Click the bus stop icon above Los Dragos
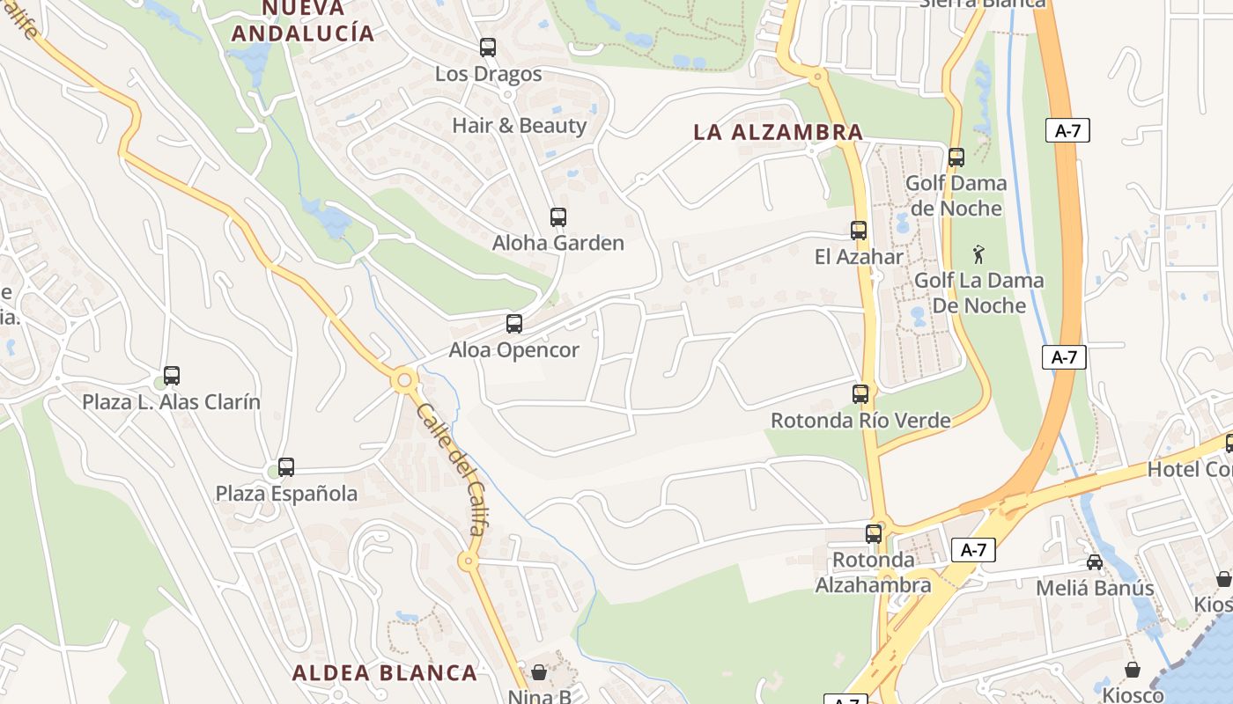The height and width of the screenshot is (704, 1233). (x=487, y=48)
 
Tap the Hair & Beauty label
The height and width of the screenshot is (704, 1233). (x=519, y=126)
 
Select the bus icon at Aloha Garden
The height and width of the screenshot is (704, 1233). (x=557, y=217)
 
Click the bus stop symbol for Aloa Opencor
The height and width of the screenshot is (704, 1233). (x=514, y=324)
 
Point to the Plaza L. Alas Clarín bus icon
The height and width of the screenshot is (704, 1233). (x=172, y=376)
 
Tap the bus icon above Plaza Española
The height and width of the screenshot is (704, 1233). (x=286, y=467)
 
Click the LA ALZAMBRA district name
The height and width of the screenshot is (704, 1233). (x=778, y=133)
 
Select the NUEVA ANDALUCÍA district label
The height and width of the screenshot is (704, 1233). (x=302, y=22)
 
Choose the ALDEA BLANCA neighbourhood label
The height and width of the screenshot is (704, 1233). (x=384, y=673)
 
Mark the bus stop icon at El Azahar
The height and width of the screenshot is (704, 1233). (x=859, y=231)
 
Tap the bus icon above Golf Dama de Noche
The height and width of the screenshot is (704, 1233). (x=956, y=158)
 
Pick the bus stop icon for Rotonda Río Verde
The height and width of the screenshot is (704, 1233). (x=860, y=394)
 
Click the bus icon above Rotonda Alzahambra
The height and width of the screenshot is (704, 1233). (x=873, y=534)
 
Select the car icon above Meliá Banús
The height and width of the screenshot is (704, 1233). (x=1095, y=562)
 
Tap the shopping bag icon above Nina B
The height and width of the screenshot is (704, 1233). (x=539, y=673)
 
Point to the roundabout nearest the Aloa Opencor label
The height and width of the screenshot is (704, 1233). (x=405, y=380)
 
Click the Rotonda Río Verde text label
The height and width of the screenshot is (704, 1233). (x=860, y=421)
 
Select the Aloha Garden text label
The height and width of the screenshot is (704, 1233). (x=557, y=244)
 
